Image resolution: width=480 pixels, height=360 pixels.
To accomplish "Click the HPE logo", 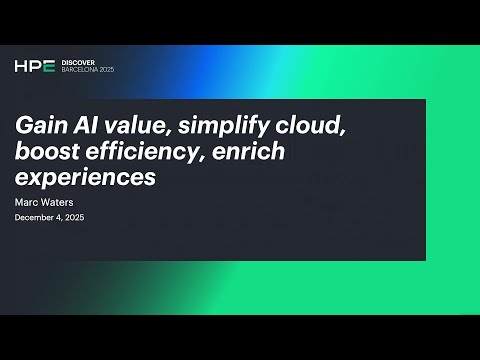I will [34, 66].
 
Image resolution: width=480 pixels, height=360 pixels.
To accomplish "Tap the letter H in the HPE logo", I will [21, 66].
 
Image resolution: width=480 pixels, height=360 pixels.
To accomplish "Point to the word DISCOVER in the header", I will [78, 62].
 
